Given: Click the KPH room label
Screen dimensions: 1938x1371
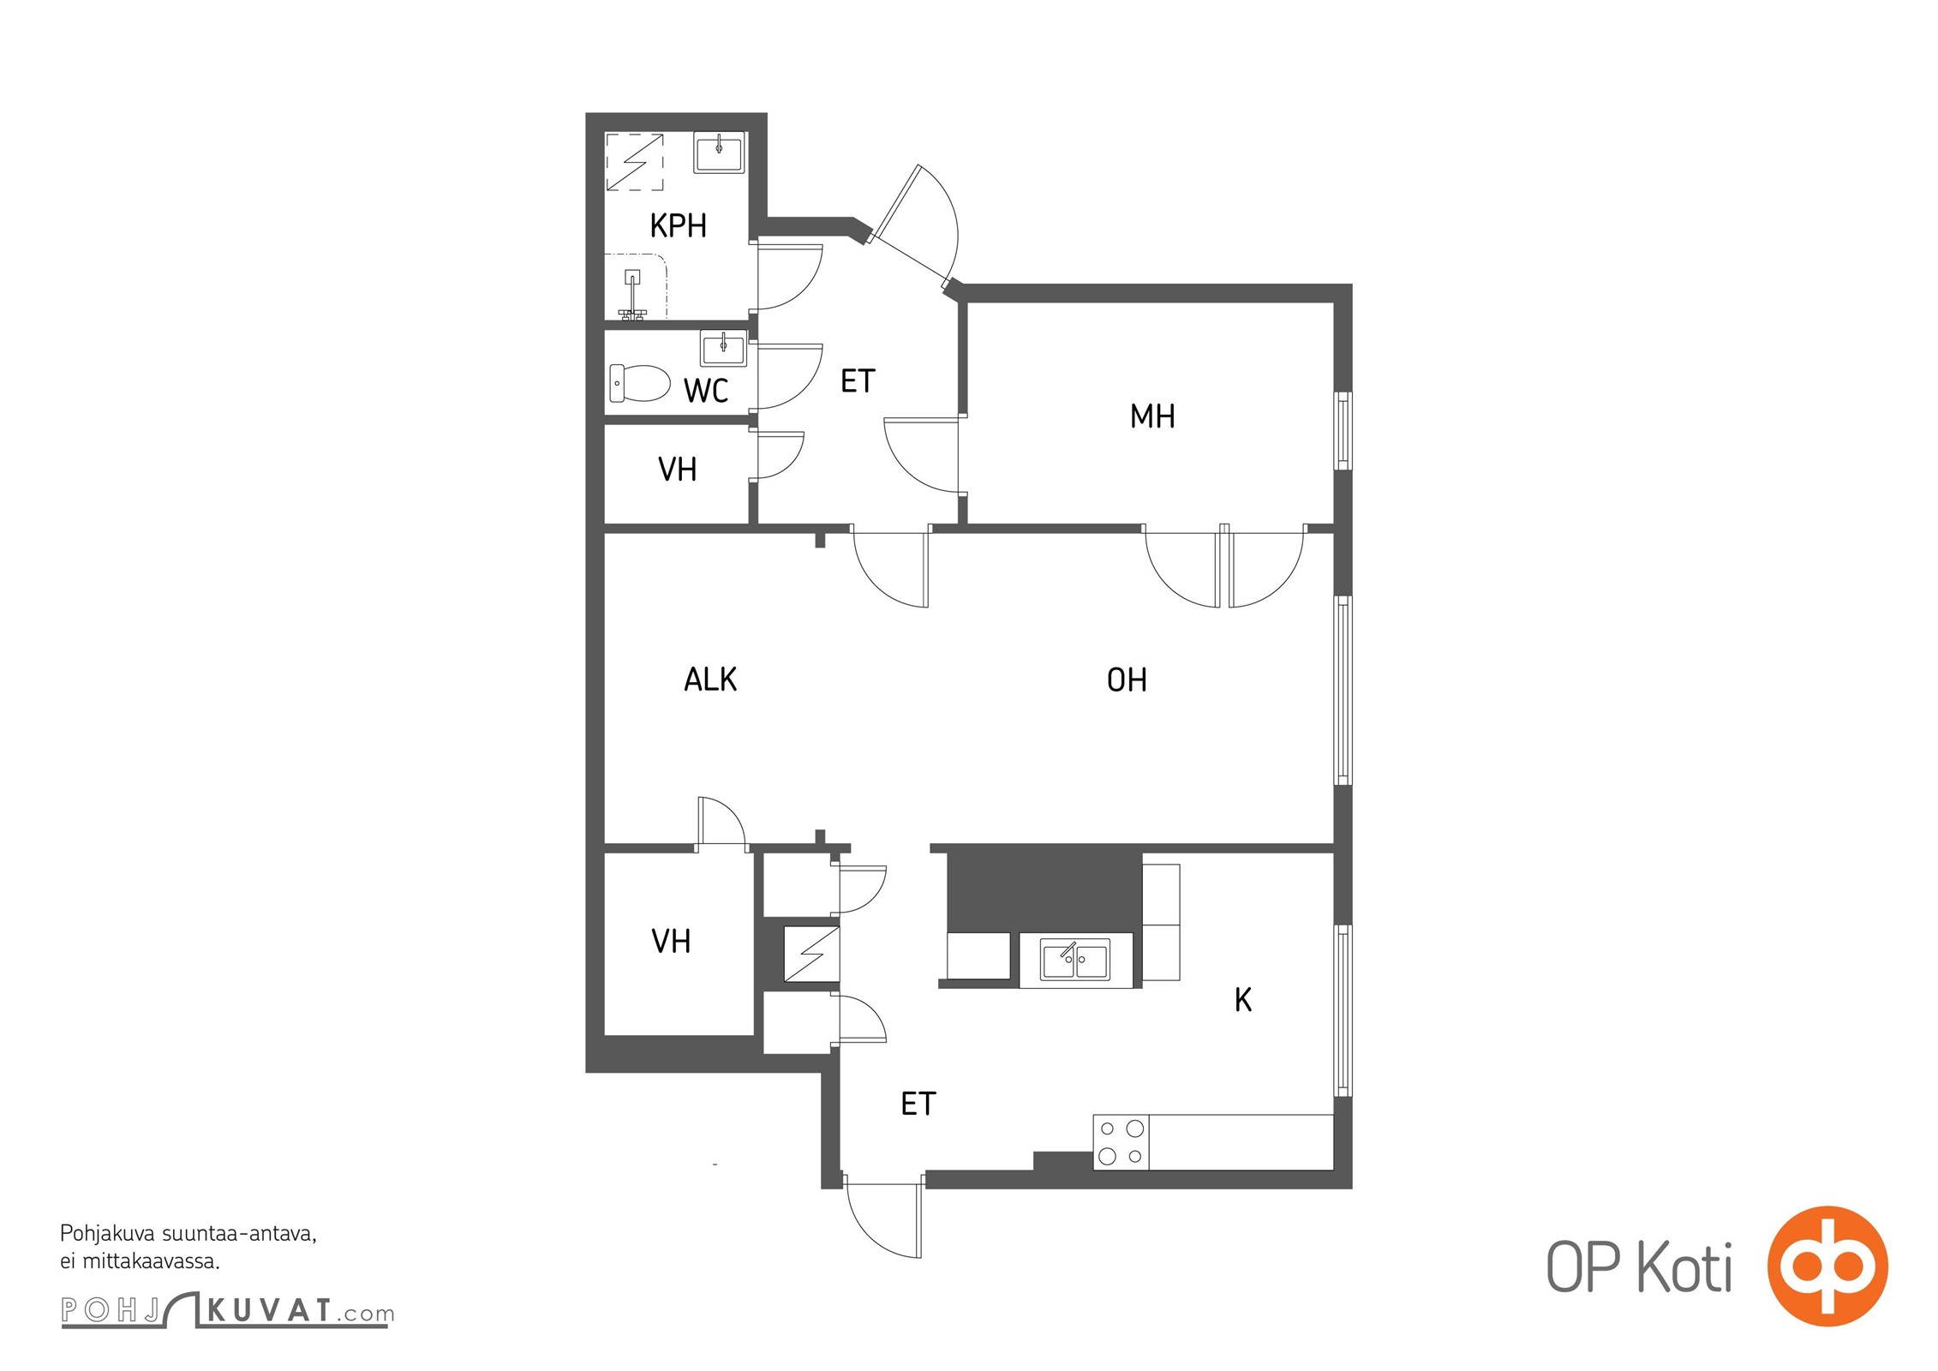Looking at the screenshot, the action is tap(679, 226).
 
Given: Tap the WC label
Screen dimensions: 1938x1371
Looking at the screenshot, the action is tap(706, 391).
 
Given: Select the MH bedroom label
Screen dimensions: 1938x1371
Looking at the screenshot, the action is tap(1152, 416).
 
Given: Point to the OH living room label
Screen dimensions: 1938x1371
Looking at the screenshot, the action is tap(1127, 680).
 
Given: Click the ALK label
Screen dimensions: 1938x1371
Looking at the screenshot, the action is tap(710, 680).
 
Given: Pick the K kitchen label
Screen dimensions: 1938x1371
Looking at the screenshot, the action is tap(1243, 1000).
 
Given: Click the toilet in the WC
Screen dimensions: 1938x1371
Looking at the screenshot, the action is tap(639, 383).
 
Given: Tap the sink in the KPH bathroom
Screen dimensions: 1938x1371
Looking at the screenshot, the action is tap(719, 154).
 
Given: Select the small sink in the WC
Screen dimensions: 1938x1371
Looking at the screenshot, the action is tap(724, 348).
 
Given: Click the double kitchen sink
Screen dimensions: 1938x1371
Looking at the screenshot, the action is tap(1075, 960).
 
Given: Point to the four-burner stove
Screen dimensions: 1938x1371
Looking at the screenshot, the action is tap(1121, 1142).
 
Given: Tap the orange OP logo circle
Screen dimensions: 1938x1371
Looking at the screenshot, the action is tap(1827, 1266).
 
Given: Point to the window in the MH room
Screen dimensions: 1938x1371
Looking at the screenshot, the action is tap(1343, 431).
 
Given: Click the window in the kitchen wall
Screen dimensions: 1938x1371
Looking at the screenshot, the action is tap(1343, 1011).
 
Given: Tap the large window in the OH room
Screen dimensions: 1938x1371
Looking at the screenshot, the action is tap(1343, 691).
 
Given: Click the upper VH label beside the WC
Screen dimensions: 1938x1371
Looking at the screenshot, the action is tap(677, 470).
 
